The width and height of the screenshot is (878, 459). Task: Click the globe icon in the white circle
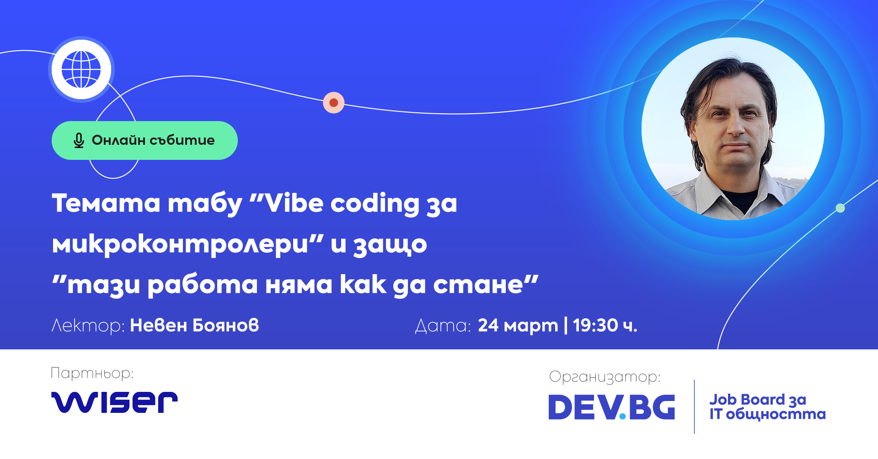pos(81,69)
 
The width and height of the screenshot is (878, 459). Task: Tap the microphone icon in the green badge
pos(79,141)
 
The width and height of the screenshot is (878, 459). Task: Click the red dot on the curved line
pos(334,103)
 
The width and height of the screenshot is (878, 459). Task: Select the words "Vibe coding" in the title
pos(342,203)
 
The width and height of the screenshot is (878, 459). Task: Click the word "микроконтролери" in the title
pos(181,244)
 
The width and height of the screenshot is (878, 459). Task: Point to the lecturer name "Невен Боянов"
pos(194,326)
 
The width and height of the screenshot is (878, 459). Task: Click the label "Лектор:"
pos(88,326)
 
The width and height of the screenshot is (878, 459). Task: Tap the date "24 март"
pos(518,326)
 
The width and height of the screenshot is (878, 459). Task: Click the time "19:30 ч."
pos(605,326)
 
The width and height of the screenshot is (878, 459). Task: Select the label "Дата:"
pos(443,326)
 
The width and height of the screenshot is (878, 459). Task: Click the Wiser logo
pos(114,402)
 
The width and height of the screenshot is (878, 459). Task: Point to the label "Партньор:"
pos(92,374)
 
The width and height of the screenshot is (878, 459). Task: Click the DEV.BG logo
pos(612,407)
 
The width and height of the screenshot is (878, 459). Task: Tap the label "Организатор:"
pos(605,377)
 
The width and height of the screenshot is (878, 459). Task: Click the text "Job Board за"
pos(758,400)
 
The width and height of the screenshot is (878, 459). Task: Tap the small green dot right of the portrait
pos(840,208)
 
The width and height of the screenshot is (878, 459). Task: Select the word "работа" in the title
pos(203,285)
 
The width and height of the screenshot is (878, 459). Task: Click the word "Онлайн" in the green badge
pos(118,140)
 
